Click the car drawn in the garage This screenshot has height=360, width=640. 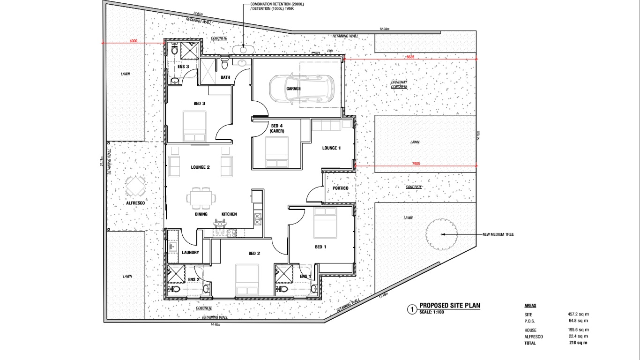coord(301,88)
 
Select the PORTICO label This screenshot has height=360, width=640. coord(341,188)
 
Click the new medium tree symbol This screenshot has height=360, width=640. coord(441,234)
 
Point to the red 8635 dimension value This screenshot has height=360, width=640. coord(410,57)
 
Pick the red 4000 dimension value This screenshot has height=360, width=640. coord(134,41)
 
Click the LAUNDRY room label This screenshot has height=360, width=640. coord(190,253)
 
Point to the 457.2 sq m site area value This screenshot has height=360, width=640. coord(578,314)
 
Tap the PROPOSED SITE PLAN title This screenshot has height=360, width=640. coord(450,306)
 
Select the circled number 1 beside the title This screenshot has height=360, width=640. coord(412,309)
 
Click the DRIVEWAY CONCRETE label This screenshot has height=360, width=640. coord(399,84)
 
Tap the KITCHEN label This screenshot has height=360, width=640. coord(229,214)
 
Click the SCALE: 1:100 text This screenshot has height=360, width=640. coord(431,312)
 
